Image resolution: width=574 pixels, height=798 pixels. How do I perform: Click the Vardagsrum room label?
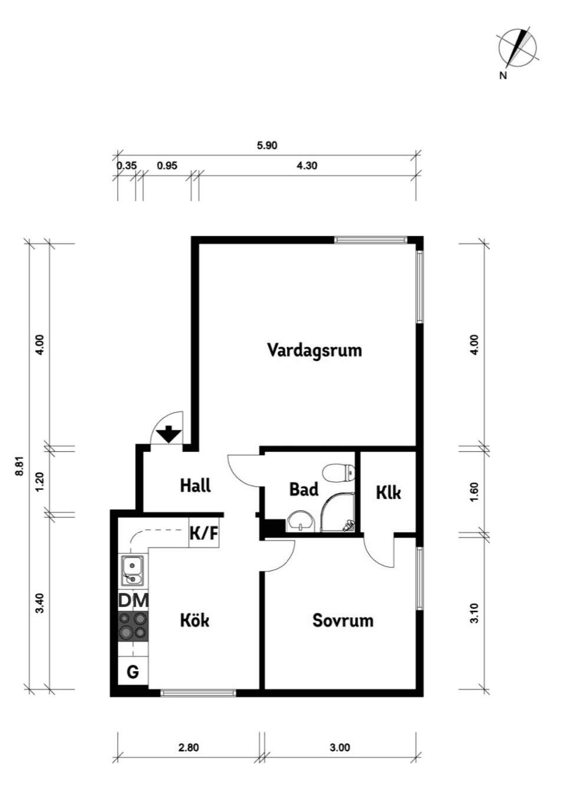pos(315,351)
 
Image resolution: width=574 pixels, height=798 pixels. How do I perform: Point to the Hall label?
pos(195,485)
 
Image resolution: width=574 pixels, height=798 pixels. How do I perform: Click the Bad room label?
pos(304,490)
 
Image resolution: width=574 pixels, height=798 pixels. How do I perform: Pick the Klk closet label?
pos(388,493)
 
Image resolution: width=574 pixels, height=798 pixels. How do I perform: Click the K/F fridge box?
pos(204,533)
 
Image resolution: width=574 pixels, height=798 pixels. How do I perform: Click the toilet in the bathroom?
pos(338,473)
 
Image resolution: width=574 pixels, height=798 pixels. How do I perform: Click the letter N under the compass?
pos(503,75)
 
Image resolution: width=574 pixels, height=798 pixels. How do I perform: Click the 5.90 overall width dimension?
pos(267,146)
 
